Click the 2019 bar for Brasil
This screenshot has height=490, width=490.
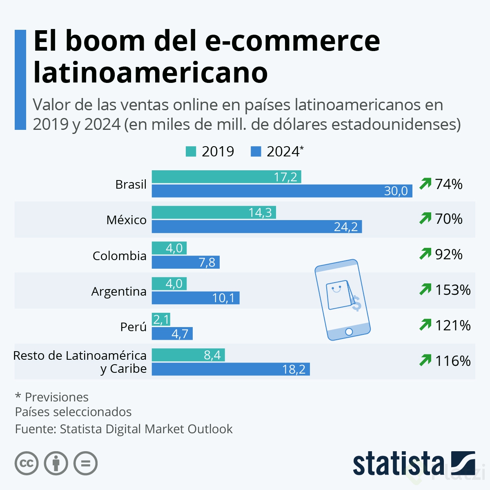[x=226, y=177]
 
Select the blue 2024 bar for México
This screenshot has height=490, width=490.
[x=256, y=227]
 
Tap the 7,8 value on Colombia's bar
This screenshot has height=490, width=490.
[x=207, y=262]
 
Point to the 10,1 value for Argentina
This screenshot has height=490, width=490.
[x=223, y=298]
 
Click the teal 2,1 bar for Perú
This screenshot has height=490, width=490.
[x=161, y=319]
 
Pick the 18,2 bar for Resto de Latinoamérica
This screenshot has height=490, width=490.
[x=231, y=369]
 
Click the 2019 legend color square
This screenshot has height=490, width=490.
[x=191, y=151]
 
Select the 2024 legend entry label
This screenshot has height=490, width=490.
[x=283, y=151]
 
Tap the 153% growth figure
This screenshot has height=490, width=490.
[x=452, y=290]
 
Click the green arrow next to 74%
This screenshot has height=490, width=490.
[x=425, y=184]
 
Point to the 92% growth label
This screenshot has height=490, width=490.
[x=448, y=254]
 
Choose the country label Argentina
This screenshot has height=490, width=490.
[x=119, y=292]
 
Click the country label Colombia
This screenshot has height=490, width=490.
[x=119, y=256]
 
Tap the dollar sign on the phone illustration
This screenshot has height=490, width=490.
[x=356, y=303]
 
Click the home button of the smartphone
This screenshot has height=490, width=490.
[x=349, y=332]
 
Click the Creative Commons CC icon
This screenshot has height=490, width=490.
[x=27, y=463]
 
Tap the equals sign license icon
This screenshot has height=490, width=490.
[x=86, y=463]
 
